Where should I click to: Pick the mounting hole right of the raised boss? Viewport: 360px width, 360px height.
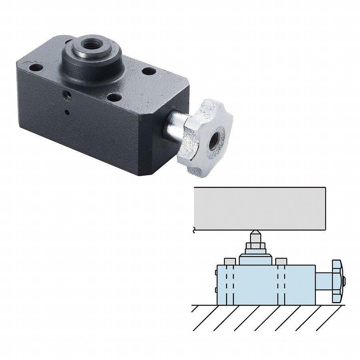(x=148, y=72)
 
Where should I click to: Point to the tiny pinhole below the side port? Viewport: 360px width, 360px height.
(x=67, y=111)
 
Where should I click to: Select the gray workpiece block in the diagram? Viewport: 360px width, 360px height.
(x=260, y=209)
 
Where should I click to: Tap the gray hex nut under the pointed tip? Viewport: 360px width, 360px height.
(x=255, y=246)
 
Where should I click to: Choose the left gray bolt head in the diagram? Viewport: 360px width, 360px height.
(x=229, y=262)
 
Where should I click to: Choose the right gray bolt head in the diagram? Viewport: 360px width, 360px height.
(x=281, y=262)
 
